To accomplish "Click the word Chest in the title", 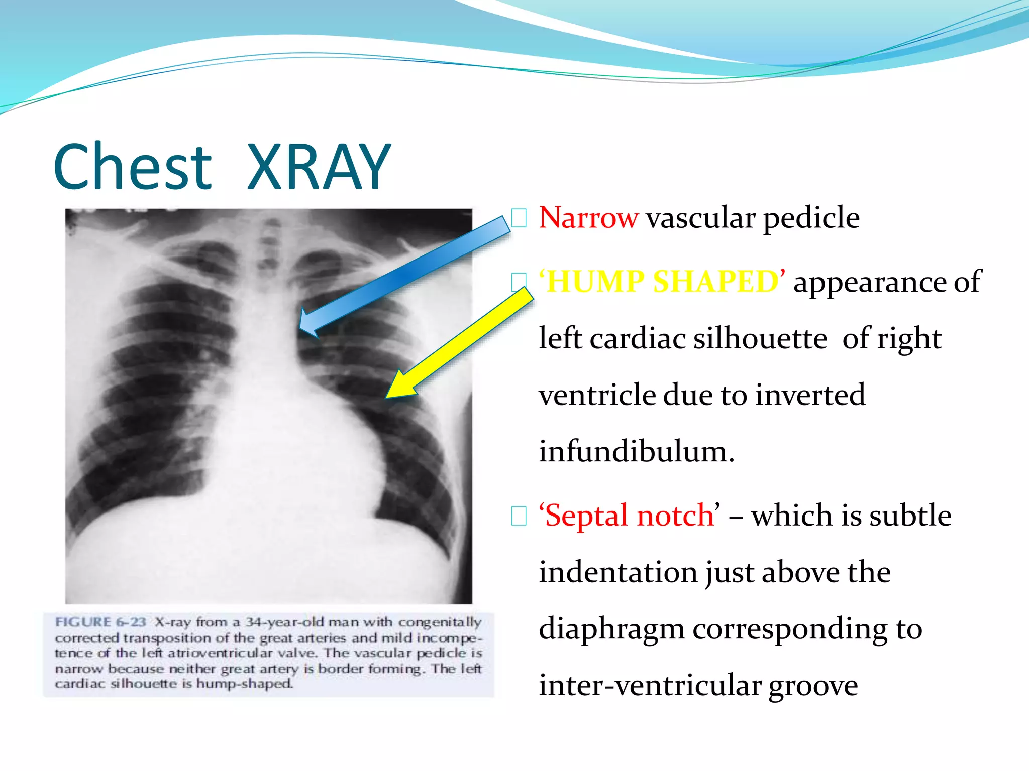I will (133, 167).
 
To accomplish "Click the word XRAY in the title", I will (319, 167).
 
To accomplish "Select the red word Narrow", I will (588, 218).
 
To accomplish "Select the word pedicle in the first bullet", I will (810, 218).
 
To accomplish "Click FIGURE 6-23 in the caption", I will (100, 622).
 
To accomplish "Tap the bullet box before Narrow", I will (519, 218).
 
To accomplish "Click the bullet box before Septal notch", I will (519, 516).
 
